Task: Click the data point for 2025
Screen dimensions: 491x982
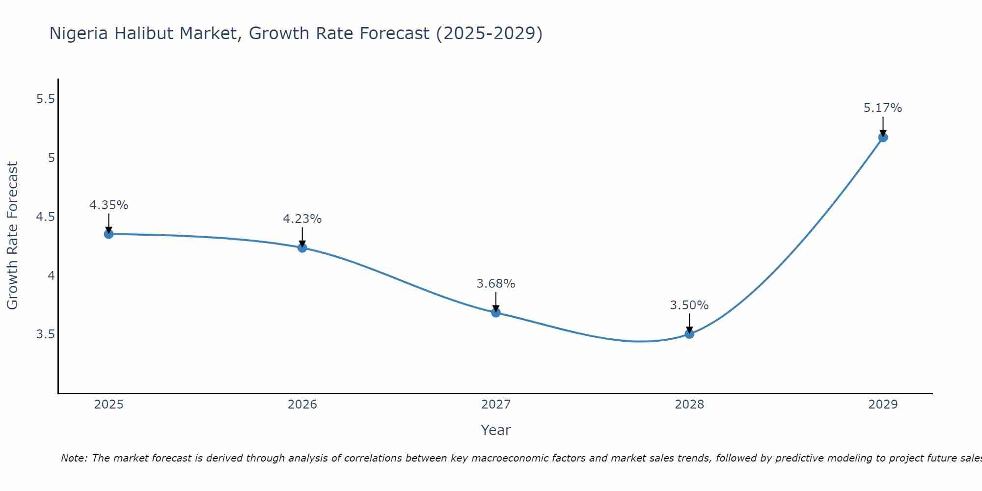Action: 109,234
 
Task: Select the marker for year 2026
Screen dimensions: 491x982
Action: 302,248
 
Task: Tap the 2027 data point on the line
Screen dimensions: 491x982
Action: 496,312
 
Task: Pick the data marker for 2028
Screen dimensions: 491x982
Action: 689,334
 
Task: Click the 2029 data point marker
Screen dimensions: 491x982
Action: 883,137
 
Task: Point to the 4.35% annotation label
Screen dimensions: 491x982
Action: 109,205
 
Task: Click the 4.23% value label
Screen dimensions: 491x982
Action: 302,219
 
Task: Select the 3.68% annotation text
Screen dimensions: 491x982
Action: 496,284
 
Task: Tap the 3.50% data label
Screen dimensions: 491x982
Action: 689,305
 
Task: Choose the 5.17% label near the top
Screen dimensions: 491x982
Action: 883,108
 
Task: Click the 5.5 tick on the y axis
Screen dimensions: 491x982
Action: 45,99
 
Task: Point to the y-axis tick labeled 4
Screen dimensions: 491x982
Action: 51,275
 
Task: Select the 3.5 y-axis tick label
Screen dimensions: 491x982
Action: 45,334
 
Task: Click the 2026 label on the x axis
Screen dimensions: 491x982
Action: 302,405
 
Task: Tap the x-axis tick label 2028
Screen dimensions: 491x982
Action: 689,405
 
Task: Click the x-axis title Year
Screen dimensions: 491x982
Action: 496,430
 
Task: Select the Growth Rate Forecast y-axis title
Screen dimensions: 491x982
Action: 12,236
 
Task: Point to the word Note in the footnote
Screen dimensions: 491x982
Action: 74,458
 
